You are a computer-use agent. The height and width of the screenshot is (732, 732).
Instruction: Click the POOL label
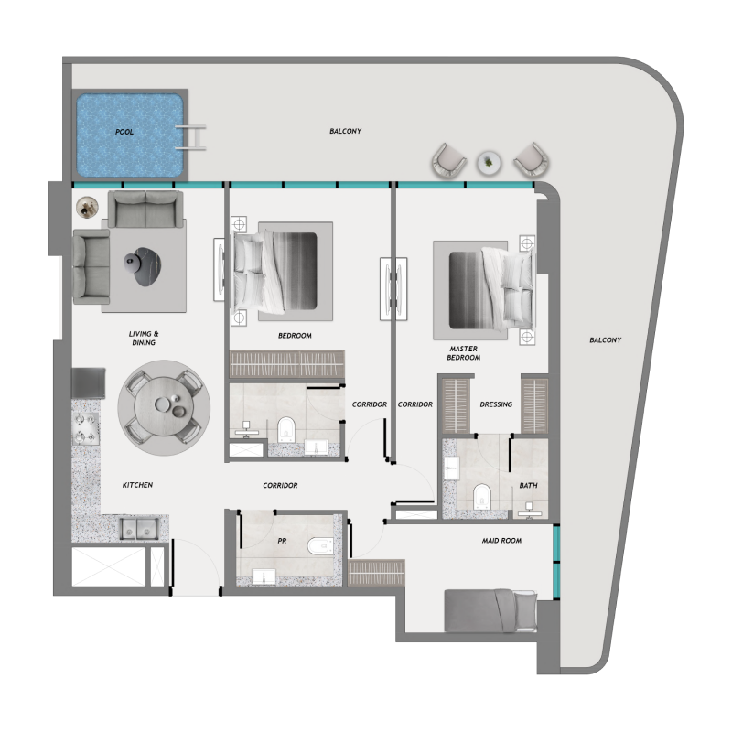124,132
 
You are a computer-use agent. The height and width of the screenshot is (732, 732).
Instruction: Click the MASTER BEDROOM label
464,353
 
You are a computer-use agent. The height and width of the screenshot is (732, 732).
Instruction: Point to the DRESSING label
495,404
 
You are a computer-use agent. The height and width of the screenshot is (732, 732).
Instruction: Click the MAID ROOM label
501,541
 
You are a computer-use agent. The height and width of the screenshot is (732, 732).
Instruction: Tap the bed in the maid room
490,609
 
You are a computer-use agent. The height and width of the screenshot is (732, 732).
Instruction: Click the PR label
283,541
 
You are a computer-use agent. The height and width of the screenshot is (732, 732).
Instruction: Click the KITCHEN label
137,485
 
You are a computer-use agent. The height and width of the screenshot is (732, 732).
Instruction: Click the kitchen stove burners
86,424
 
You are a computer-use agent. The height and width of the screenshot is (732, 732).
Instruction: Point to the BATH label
528,486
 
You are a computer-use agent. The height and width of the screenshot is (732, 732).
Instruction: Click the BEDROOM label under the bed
295,336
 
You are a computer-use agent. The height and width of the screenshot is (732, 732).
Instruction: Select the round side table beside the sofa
87,209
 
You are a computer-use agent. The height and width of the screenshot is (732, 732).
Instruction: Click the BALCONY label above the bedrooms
345,132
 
